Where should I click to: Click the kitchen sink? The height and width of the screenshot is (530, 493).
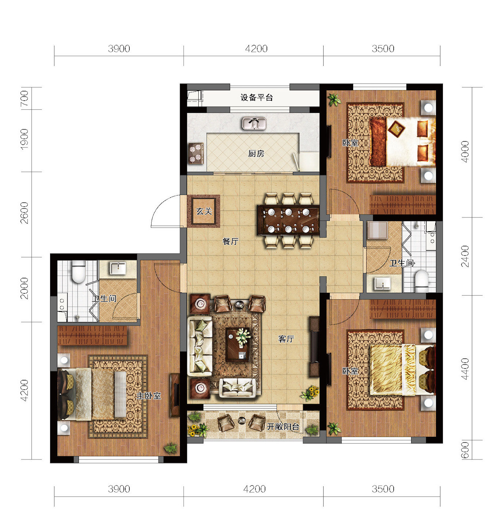pos(254,124)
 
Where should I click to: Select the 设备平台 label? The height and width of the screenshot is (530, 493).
pos(256,97)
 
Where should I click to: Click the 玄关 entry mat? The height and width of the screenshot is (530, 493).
pos(204,211)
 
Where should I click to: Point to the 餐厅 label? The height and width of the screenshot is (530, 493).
pos(231,242)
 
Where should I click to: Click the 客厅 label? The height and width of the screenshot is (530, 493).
pos(286,339)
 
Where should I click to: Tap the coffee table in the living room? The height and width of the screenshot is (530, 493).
pos(238,344)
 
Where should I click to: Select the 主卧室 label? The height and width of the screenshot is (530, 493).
pos(149,396)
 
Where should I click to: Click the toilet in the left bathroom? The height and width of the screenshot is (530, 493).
pos(79,272)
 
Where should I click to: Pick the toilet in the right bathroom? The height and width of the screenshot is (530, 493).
pos(422,281)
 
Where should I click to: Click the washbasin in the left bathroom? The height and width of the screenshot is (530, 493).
pos(118,268)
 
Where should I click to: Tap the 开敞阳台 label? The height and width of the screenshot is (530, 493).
pos(283,427)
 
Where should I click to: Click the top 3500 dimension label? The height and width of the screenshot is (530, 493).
pos(383,49)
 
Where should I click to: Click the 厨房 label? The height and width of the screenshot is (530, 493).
pos(256,154)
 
